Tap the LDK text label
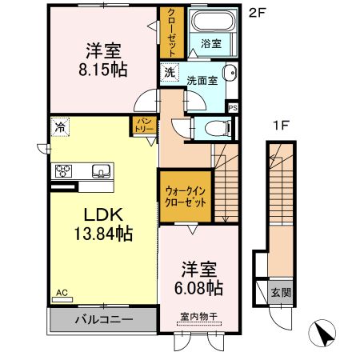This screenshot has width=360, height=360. coord(98,214)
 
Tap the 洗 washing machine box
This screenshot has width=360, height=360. coord(170,73)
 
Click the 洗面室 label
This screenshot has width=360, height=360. coord(202,80)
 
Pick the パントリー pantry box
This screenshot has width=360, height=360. coord(143,126)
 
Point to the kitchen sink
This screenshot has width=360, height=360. coord(101,170)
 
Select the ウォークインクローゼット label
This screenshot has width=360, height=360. coord(186,198)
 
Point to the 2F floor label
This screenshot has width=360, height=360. coord(256,13)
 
